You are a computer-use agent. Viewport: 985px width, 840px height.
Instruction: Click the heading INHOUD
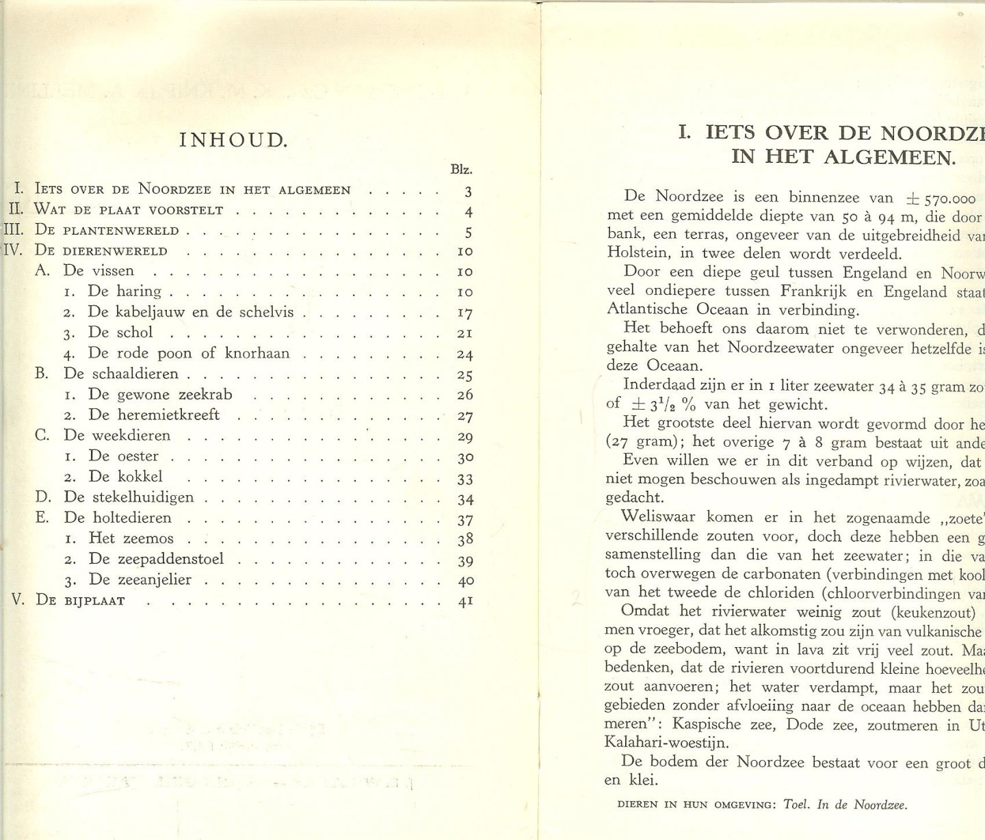[233, 141]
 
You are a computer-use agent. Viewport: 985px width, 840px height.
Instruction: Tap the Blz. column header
[462, 170]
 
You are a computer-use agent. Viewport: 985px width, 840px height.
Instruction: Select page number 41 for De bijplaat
[465, 602]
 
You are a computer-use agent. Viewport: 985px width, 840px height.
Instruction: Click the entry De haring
[124, 291]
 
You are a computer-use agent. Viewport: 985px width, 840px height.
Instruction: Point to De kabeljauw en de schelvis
[191, 312]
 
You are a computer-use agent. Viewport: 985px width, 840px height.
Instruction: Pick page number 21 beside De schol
[465, 333]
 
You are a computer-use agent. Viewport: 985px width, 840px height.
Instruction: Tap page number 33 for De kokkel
[465, 478]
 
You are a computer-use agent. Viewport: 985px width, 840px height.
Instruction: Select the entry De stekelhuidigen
[129, 497]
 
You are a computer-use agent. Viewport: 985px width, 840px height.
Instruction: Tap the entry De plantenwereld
[107, 231]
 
